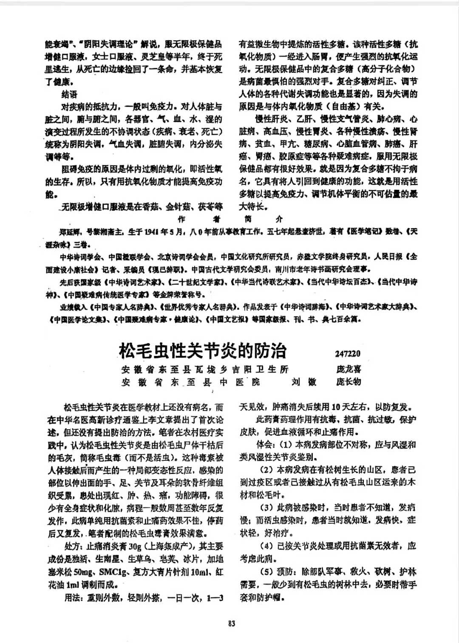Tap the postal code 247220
347,354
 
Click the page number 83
232,623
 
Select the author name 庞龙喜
348,369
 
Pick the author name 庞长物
348,382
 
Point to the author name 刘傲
304,382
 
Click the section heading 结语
69,94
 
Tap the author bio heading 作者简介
229,219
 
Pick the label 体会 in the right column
265,445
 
